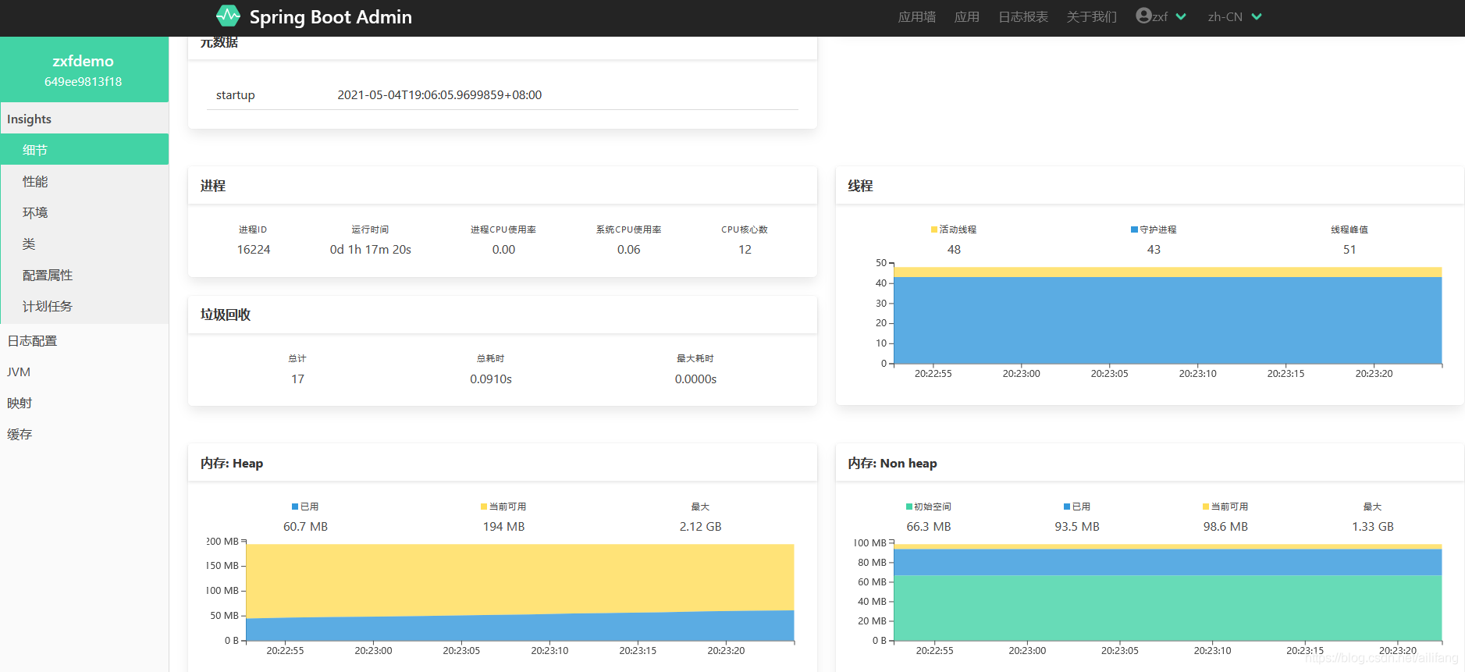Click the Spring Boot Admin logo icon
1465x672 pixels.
[x=228, y=16]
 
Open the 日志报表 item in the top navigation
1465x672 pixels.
[x=1022, y=17]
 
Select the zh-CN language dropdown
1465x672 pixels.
[x=1234, y=17]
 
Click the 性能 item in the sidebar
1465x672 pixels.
[x=35, y=181]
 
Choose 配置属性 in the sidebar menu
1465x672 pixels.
[x=48, y=275]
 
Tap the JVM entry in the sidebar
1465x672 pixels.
[x=19, y=372]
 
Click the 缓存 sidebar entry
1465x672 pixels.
[x=20, y=434]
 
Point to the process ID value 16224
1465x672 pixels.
[x=254, y=250]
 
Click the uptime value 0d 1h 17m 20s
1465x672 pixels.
[x=370, y=250]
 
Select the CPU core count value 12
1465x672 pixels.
[x=745, y=250]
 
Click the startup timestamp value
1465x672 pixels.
[x=439, y=95]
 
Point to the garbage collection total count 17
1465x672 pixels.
[x=297, y=379]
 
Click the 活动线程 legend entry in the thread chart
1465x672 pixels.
[x=954, y=229]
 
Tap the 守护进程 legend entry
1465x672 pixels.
[x=1154, y=229]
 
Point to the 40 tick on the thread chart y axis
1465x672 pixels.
[x=881, y=283]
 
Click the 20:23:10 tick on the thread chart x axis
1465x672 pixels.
[x=1197, y=374]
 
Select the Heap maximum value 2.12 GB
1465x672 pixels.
[x=700, y=527]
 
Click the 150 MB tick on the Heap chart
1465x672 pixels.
[x=223, y=566]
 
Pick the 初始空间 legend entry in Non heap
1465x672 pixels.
[x=929, y=507]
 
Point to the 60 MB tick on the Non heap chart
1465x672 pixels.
[x=872, y=582]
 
